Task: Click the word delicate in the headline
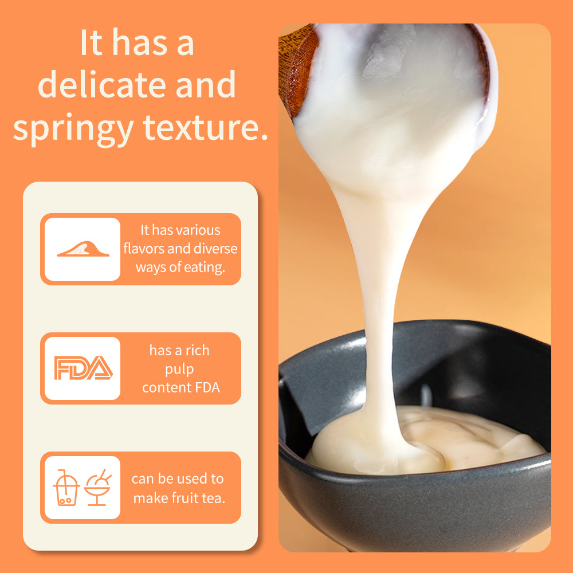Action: pos(103,84)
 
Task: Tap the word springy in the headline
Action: pos(73,129)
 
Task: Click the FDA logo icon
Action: pos(83,368)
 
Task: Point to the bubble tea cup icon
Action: pos(66,488)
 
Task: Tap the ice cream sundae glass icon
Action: pos(97,488)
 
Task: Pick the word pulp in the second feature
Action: pos(179,370)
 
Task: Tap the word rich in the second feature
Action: pos(197,350)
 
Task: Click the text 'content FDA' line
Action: pos(181,387)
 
